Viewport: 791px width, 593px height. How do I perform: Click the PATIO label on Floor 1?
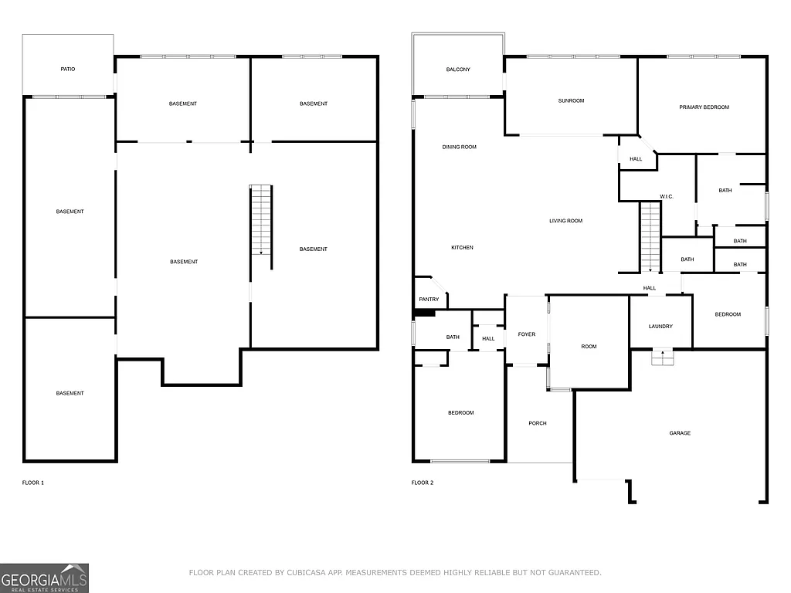[x=68, y=69]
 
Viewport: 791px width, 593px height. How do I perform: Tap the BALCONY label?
[x=458, y=69]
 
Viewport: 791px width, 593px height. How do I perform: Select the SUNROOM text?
[x=571, y=100]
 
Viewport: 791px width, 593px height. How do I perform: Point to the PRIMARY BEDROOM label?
[x=704, y=107]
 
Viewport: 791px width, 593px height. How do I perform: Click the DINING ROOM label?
[x=459, y=147]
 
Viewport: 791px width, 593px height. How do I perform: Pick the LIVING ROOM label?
[x=565, y=221]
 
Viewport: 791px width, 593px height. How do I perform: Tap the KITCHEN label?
[x=462, y=248]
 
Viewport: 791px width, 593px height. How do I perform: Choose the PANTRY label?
[x=429, y=300]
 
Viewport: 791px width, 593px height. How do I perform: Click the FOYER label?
[x=526, y=334]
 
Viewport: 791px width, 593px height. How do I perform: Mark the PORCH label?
[x=538, y=423]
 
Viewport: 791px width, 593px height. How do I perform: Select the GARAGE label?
[x=680, y=433]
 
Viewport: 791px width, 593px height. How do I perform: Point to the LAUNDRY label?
[x=660, y=327]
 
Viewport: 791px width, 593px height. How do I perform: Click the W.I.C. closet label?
[x=667, y=196]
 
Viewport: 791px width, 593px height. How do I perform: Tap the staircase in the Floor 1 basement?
[x=261, y=221]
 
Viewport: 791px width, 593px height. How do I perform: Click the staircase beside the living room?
[x=650, y=236]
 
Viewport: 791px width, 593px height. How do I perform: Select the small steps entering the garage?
[x=662, y=357]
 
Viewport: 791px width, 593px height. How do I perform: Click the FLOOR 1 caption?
[x=33, y=483]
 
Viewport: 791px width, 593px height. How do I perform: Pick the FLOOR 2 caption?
[x=423, y=483]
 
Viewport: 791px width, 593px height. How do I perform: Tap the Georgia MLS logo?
[x=44, y=578]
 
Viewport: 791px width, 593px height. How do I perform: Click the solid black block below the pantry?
[x=425, y=313]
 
